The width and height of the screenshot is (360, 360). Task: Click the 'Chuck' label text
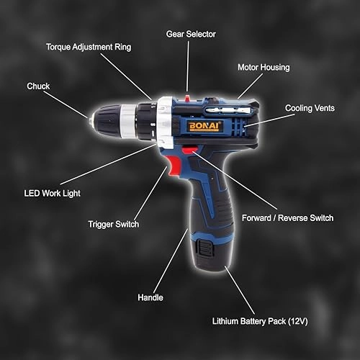click(x=38, y=86)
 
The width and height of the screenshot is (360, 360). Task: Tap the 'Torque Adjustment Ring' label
click(x=89, y=47)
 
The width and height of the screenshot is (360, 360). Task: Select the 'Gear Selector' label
click(x=191, y=34)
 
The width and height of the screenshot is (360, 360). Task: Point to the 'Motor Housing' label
click(x=264, y=68)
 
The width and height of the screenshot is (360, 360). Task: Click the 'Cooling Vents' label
click(x=310, y=108)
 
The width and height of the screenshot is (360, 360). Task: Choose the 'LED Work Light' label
click(x=52, y=194)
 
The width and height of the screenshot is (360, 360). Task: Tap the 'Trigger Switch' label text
click(x=114, y=225)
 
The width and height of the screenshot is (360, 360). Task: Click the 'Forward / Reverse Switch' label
click(x=287, y=218)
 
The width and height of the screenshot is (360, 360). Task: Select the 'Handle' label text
click(x=150, y=297)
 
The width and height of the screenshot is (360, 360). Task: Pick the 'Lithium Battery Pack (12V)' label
click(x=260, y=321)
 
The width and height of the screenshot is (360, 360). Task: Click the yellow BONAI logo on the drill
click(x=204, y=126)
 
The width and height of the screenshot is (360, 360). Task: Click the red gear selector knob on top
click(x=187, y=98)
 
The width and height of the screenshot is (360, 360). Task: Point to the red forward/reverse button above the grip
click(x=189, y=150)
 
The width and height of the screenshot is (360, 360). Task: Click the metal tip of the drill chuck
click(x=91, y=122)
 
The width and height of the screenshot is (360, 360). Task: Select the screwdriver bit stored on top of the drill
click(x=228, y=111)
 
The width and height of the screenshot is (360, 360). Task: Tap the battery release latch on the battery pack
click(x=204, y=248)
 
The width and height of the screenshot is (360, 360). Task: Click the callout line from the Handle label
click(x=171, y=261)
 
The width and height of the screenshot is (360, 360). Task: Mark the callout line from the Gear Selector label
click(x=188, y=66)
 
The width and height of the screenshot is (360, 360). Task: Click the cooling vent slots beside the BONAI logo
click(x=238, y=127)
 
